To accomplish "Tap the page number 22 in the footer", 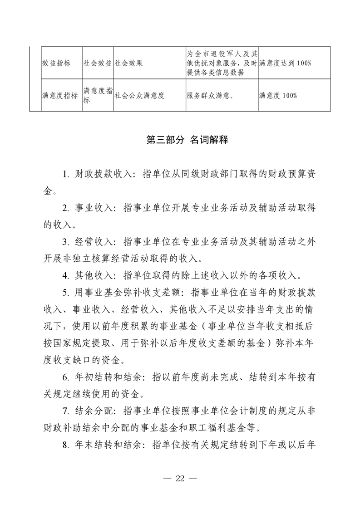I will [180, 479].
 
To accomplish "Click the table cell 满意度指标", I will [59, 95].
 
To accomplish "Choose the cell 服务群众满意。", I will [210, 95].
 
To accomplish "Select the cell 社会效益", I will [97, 63].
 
